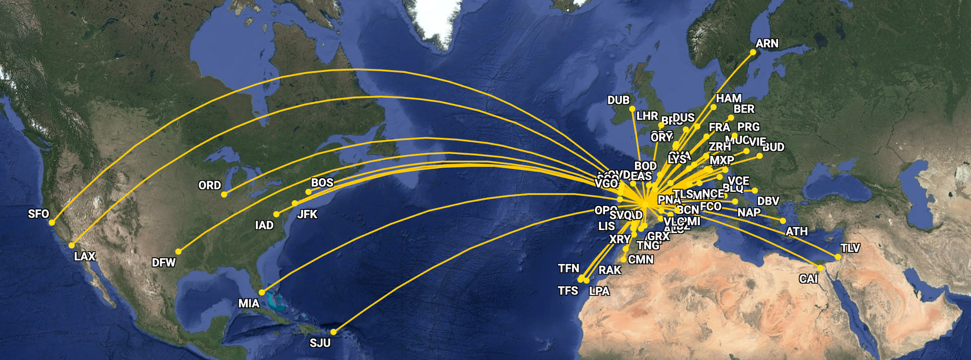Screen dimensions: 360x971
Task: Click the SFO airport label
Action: (x=39, y=214)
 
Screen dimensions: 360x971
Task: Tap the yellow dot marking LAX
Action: (x=72, y=245)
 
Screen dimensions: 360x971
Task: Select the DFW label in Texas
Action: (x=164, y=262)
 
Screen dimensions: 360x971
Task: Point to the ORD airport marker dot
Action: (x=224, y=194)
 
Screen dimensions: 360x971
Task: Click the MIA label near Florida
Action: (x=248, y=304)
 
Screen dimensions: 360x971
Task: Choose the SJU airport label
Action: (x=320, y=343)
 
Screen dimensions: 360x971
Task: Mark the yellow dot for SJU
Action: (x=333, y=332)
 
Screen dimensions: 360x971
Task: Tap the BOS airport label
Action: (x=322, y=182)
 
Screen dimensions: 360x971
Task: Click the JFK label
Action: (x=307, y=215)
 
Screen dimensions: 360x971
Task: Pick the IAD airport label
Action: (x=264, y=225)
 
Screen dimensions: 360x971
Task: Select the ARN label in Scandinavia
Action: (x=767, y=44)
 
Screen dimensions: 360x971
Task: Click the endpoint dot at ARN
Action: (x=753, y=52)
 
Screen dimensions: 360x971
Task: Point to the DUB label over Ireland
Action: (x=618, y=101)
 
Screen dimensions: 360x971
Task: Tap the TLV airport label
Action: (x=850, y=248)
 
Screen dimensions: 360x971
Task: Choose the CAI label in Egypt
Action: (x=809, y=279)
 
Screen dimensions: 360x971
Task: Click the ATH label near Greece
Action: (x=797, y=232)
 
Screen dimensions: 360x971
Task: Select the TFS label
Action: (x=568, y=291)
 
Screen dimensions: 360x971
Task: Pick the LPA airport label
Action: (x=600, y=291)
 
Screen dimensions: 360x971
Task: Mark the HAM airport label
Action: (x=729, y=98)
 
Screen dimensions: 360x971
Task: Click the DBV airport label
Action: (x=768, y=201)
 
